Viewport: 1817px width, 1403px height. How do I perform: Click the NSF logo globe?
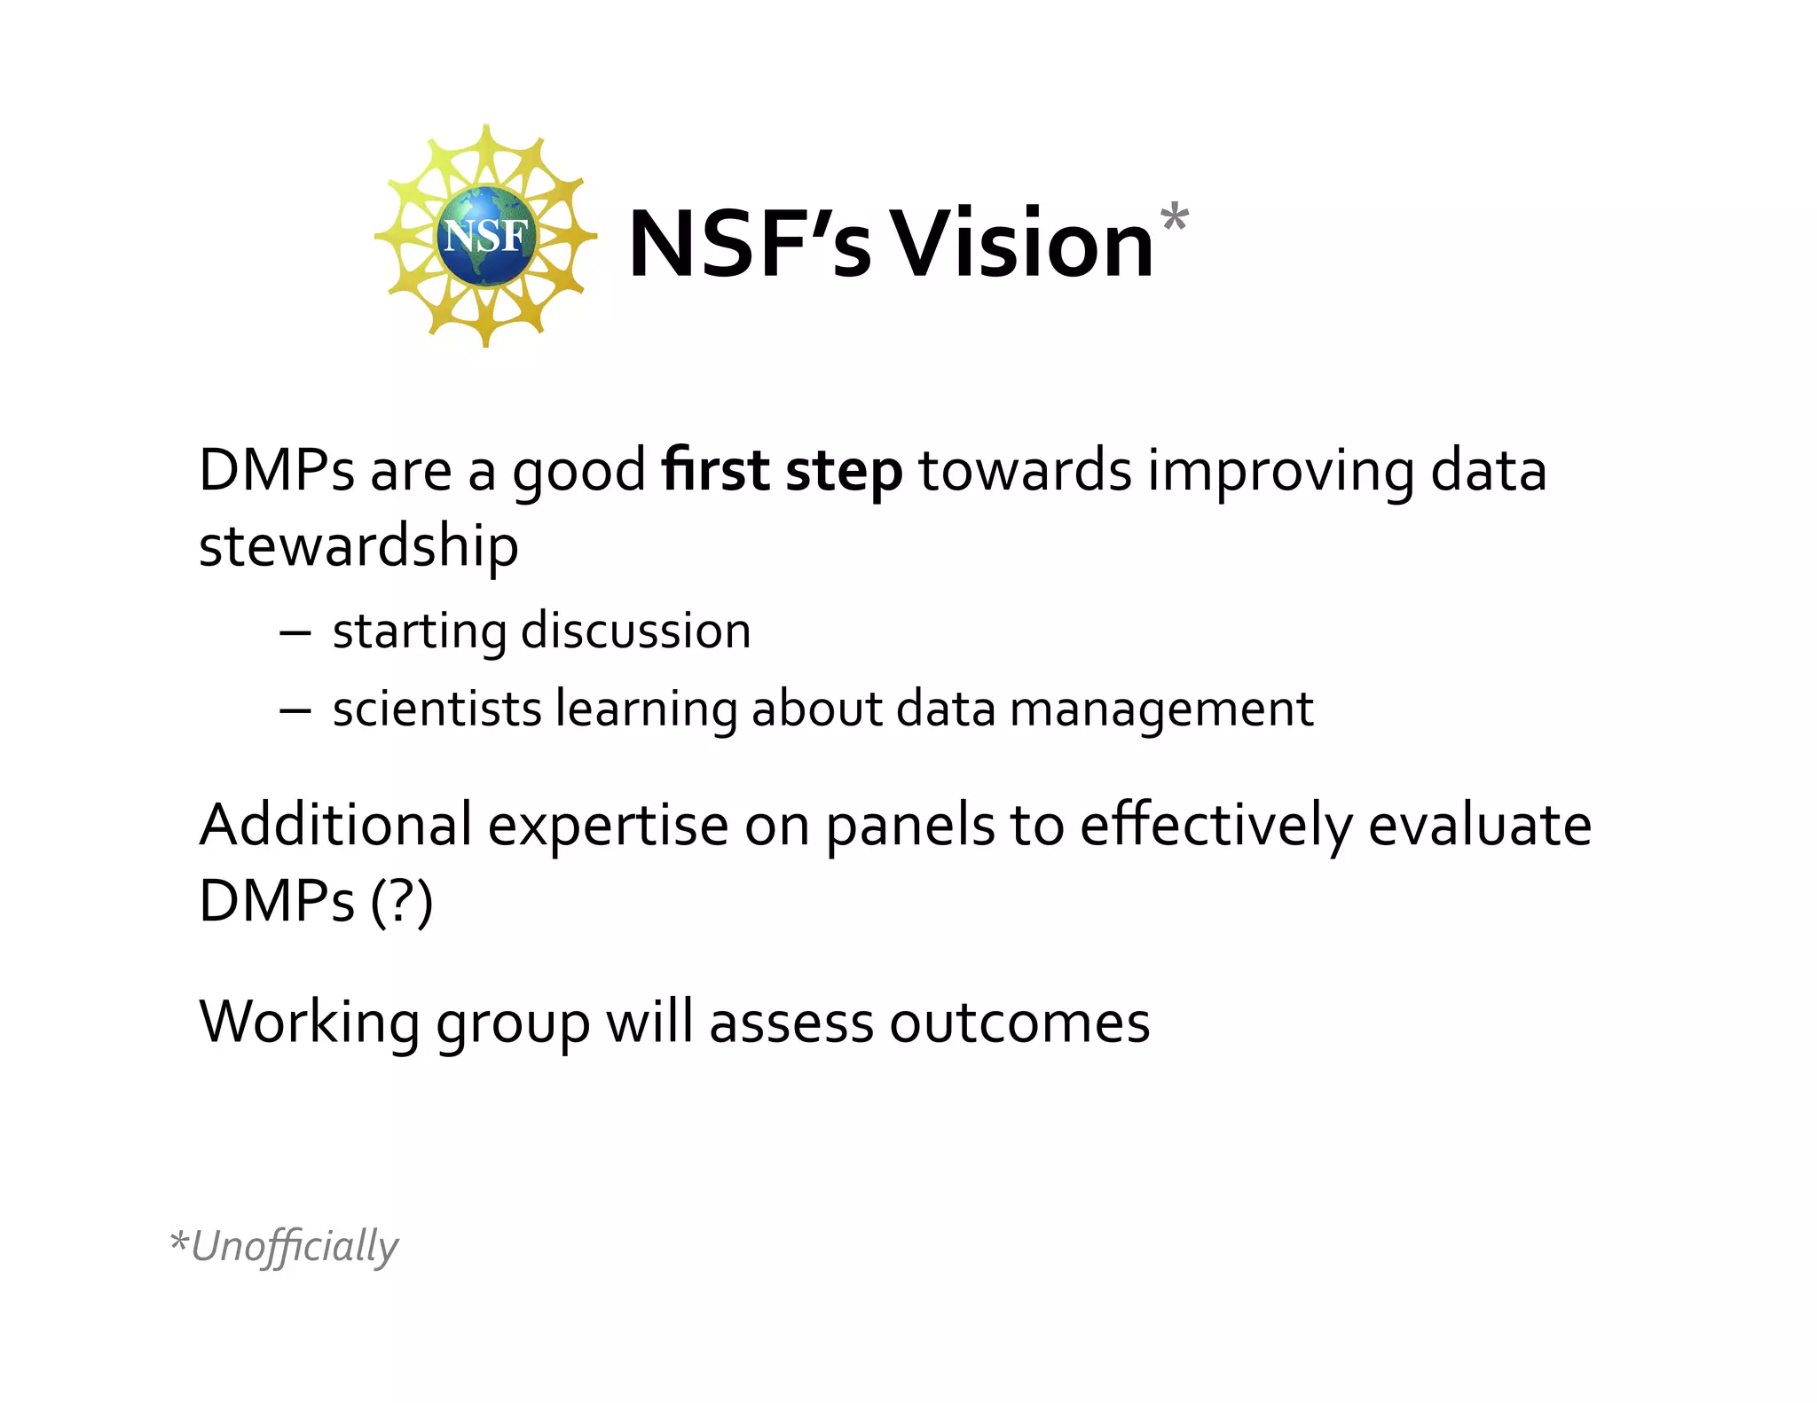(x=485, y=236)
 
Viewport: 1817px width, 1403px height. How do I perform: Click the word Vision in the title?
(x=1021, y=244)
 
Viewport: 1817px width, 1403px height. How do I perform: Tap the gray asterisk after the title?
(x=1173, y=216)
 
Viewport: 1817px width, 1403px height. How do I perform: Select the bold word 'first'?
(x=715, y=470)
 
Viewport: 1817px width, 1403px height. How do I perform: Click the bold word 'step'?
(x=844, y=472)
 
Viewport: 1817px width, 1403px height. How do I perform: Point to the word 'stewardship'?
(x=358, y=546)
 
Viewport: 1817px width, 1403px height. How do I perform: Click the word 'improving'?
(x=1280, y=472)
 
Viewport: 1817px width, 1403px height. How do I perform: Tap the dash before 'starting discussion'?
(x=295, y=632)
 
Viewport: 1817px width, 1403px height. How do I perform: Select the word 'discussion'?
(x=635, y=631)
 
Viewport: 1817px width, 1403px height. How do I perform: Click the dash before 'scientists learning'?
(x=295, y=709)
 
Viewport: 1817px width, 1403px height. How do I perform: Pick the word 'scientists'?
(x=437, y=709)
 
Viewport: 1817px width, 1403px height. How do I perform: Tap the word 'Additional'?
(x=335, y=825)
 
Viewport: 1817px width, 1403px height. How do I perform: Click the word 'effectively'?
(x=1216, y=827)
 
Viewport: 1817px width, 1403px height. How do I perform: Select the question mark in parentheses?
(x=402, y=901)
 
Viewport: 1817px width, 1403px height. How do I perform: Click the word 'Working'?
(x=310, y=1023)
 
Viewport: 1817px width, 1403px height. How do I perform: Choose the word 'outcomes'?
(x=1019, y=1023)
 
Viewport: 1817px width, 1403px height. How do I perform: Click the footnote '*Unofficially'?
(x=284, y=1246)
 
